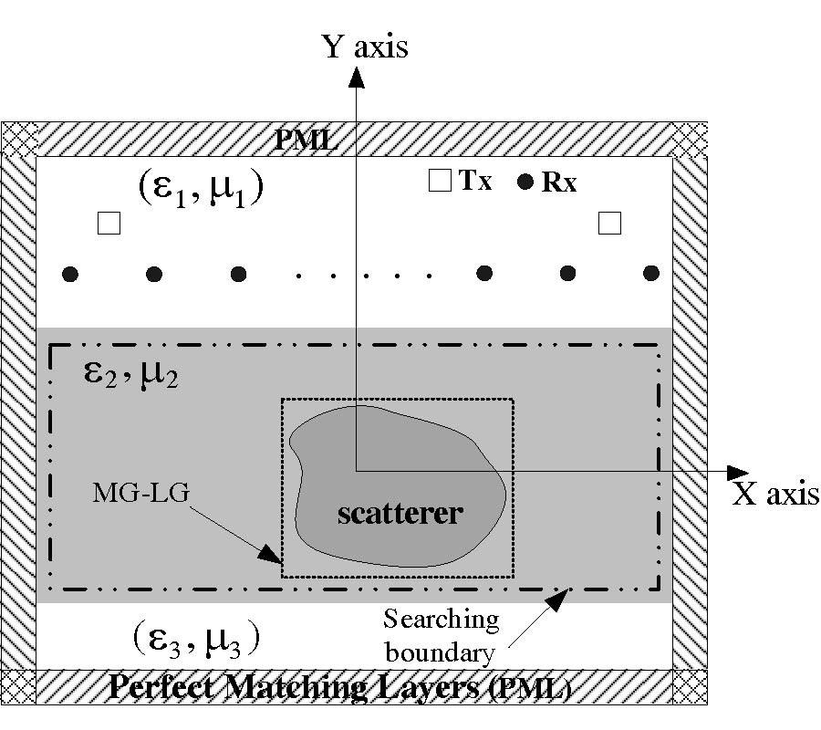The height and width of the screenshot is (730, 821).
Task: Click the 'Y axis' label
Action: pos(365,46)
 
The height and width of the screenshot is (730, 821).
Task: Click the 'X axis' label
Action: pos(776,494)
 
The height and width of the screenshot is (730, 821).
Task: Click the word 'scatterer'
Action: pos(400,513)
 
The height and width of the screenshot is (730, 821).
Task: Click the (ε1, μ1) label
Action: pos(201,189)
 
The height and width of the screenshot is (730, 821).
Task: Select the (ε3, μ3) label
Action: pos(194,636)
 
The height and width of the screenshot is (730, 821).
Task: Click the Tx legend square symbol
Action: pos(440,182)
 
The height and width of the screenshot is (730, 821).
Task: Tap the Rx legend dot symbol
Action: pos(525,182)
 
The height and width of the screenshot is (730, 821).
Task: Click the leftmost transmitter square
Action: pos(109,224)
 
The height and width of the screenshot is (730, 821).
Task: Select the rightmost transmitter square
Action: pos(608,223)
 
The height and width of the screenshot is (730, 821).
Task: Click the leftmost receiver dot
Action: pos(69,274)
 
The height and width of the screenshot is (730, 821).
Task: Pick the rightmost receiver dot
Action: pos(651,273)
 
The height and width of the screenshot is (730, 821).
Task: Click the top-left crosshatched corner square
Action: pos(18,140)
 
